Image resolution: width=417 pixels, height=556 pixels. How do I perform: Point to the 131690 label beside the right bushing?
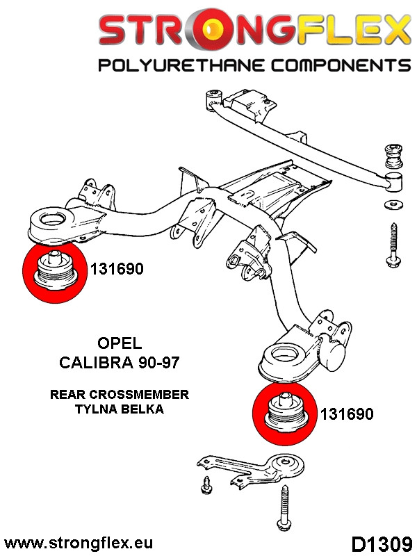coord(347,414)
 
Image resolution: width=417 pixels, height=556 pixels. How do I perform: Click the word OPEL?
coord(118,343)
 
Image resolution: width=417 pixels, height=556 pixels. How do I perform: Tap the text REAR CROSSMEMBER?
coord(119,394)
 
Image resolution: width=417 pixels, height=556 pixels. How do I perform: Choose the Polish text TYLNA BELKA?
coord(119,409)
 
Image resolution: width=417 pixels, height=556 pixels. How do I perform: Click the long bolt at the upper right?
coord(392,245)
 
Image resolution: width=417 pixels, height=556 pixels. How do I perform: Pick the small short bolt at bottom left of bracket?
coord(205,486)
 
